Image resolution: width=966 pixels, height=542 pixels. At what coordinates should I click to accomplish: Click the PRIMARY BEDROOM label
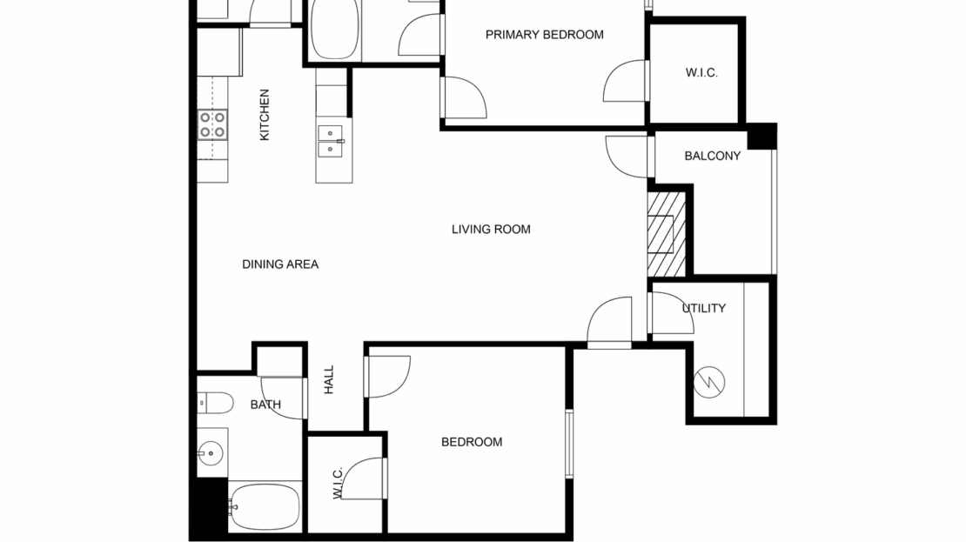pyautogui.click(x=544, y=35)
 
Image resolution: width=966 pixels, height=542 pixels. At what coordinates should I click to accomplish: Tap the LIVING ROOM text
pyautogui.click(x=491, y=230)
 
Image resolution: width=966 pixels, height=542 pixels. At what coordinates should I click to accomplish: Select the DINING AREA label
pyautogui.click(x=280, y=264)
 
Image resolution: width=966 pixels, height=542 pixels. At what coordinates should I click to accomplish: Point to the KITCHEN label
pyautogui.click(x=265, y=115)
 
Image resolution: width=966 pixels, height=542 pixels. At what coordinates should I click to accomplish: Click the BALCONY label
pyautogui.click(x=712, y=157)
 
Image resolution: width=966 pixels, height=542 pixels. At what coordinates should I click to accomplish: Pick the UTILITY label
pyautogui.click(x=703, y=309)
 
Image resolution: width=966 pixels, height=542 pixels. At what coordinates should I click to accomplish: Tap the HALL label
pyautogui.click(x=329, y=379)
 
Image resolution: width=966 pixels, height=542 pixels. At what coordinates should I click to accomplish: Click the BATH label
pyautogui.click(x=265, y=405)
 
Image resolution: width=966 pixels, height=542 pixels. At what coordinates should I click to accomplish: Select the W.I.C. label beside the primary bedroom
pyautogui.click(x=701, y=73)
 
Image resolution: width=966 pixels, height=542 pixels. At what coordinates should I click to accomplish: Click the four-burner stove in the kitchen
pyautogui.click(x=212, y=124)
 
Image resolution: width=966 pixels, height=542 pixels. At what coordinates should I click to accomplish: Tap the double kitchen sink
pyautogui.click(x=332, y=141)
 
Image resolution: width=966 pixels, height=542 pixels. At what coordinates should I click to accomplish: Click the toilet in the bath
pyautogui.click(x=214, y=403)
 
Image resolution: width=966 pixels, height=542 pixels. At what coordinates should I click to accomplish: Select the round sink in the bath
pyautogui.click(x=209, y=452)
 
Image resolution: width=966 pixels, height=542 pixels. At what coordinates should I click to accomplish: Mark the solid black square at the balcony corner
pyautogui.click(x=761, y=137)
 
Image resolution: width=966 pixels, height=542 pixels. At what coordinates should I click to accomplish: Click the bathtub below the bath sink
pyautogui.click(x=264, y=506)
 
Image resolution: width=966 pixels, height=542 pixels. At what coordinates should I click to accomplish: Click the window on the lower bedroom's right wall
pyautogui.click(x=570, y=444)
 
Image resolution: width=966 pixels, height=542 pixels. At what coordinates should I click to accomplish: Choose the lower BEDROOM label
pyautogui.click(x=472, y=442)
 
